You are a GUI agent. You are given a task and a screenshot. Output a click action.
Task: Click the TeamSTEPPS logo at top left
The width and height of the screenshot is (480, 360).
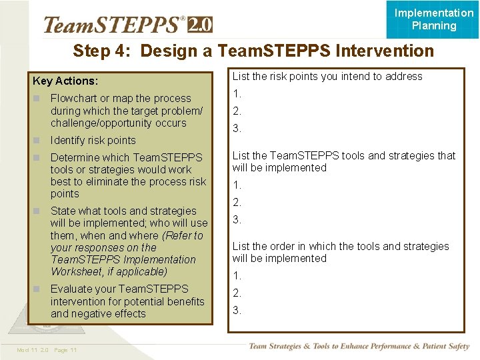point(113,25)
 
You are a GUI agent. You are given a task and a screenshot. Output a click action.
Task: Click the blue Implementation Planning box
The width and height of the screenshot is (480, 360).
point(433,19)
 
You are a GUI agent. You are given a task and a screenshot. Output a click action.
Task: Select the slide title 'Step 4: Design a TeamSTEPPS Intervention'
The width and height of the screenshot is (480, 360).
point(253,51)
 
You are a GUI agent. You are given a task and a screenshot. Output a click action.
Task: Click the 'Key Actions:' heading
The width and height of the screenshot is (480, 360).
point(65,81)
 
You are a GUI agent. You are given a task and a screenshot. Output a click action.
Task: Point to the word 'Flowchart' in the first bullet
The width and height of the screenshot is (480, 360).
point(73,99)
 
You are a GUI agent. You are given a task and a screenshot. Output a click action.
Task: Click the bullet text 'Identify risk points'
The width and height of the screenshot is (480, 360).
point(93,141)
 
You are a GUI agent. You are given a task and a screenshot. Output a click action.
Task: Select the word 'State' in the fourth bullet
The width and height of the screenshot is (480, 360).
point(63,211)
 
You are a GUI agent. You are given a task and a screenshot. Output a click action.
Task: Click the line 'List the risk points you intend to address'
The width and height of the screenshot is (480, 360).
point(327,77)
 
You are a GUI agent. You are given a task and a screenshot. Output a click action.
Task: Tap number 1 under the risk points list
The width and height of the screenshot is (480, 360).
point(237,94)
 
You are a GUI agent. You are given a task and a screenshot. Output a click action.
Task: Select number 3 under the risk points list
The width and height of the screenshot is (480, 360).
point(237,129)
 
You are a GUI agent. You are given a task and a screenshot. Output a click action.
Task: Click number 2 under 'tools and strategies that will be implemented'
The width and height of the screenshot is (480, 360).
point(237,202)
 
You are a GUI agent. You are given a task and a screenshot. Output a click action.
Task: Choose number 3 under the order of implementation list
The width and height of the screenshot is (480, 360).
point(237,310)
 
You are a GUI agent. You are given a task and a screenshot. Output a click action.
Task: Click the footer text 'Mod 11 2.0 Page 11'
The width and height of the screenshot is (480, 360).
point(47,351)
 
